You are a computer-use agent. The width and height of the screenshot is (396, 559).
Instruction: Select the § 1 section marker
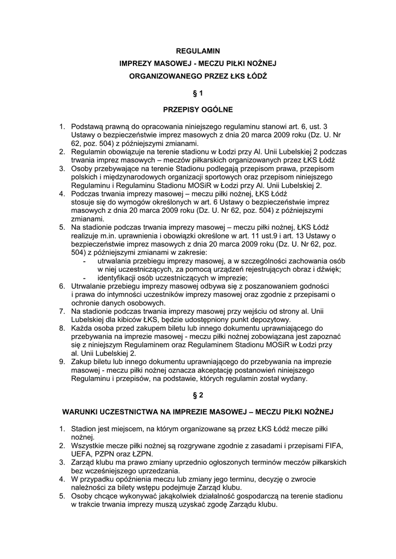198,93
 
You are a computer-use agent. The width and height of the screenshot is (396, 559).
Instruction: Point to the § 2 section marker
198,394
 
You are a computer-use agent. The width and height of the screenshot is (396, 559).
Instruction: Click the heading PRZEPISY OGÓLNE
198,109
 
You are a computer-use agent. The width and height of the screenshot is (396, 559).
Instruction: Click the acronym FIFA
332,445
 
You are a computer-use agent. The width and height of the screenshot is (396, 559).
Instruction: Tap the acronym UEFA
82,454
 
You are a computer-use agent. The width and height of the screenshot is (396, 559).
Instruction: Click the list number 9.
62,361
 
